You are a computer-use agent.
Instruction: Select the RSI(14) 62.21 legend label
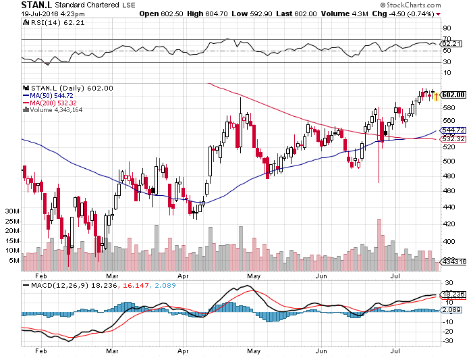coord(49,23)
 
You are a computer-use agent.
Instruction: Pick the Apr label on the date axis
coord(182,276)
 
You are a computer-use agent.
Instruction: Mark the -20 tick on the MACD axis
coord(447,332)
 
